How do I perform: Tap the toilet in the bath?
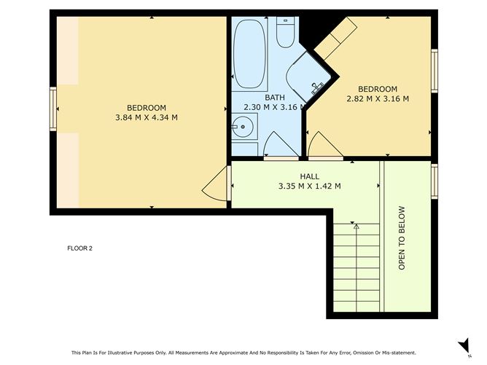coord(285,31)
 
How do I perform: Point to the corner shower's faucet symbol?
coord(316,88)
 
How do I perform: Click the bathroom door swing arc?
coord(278,144)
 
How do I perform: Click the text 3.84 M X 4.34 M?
coord(147,117)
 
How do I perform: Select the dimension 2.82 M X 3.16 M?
coord(377,98)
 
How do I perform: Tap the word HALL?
coord(310,176)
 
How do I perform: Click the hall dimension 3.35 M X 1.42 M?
coord(310,186)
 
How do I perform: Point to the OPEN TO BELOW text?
coord(402,238)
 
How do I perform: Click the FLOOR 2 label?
coord(79,248)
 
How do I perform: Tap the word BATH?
coord(275,98)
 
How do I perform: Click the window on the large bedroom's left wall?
coord(52,109)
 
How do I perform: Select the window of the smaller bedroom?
coord(435,71)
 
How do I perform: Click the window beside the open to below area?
coord(435,181)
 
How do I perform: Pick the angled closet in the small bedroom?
coord(335,39)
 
